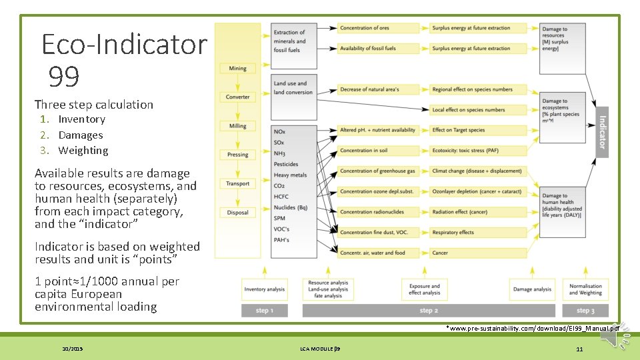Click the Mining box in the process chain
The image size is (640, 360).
click(237, 68)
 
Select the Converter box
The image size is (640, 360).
click(237, 97)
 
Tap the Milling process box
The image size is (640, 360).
click(237, 125)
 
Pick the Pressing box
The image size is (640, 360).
click(237, 155)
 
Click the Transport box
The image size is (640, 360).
click(237, 183)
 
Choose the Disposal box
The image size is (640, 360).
click(237, 213)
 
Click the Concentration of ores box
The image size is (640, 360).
click(379, 28)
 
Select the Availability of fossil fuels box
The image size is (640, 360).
click(379, 49)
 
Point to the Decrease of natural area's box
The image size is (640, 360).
click(379, 89)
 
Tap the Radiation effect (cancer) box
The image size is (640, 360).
click(474, 212)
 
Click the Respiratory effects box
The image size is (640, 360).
click(474, 233)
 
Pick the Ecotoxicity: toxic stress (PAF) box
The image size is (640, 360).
click(474, 151)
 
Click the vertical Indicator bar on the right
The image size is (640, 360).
click(602, 131)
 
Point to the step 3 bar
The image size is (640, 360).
click(585, 311)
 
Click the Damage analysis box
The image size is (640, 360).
click(532, 289)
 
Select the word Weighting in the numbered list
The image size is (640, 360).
click(83, 151)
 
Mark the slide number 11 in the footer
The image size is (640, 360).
click(579, 349)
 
